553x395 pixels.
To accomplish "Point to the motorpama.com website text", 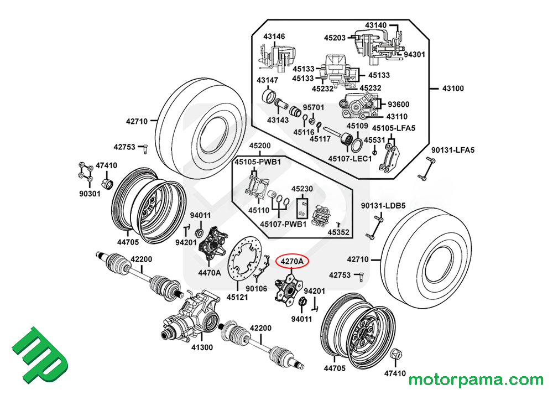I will point(476,380).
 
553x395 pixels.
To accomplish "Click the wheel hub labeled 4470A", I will point(213,246).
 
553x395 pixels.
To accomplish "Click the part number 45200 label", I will point(260,146).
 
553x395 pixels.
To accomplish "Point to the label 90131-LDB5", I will point(383,205).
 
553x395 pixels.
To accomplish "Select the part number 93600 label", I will point(398,104).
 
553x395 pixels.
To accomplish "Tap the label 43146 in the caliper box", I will point(274,37).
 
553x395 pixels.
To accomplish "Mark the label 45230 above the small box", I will point(302,189).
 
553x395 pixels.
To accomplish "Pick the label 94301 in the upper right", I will point(414,54).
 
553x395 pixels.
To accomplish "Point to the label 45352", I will point(338,232).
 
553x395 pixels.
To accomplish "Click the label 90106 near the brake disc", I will point(257,288).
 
